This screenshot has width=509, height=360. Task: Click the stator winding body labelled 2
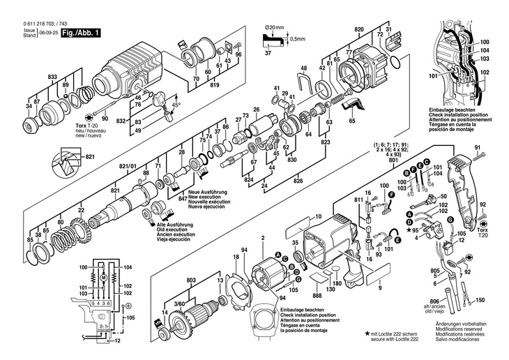(x=268, y=269)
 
